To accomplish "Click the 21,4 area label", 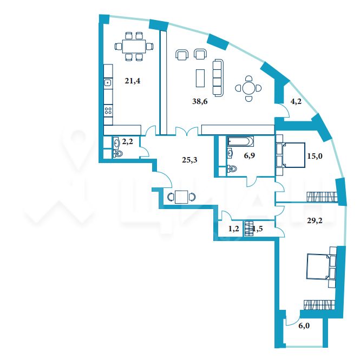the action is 133,81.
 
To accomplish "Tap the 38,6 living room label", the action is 200,101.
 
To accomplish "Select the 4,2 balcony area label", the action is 296,101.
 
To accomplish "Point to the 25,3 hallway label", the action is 189,160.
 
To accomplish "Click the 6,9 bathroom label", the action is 250,155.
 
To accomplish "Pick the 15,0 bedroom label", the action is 315,156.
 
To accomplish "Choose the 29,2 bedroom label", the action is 315,220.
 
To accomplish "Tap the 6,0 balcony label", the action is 304,326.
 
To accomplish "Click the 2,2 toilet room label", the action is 128,141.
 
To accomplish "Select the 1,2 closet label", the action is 233,229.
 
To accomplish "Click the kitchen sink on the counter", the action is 108,82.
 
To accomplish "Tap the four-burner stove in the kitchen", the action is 108,110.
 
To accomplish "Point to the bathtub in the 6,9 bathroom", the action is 241,141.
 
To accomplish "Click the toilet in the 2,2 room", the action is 118,154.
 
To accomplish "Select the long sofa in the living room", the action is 218,78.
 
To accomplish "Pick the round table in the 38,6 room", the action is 248,88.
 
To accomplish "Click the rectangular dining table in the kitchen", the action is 134,47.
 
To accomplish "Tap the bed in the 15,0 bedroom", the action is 293,155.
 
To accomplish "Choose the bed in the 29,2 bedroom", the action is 318,266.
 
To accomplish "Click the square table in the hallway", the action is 181,197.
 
